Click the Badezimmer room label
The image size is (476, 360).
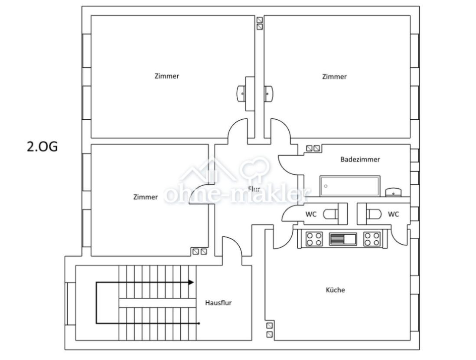(360, 160)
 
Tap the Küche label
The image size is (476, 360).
(336, 290)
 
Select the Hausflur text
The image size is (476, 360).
(218, 303)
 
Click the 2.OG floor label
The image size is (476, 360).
(42, 147)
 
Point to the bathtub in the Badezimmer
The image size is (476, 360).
(350, 186)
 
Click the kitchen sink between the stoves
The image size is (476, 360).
(343, 239)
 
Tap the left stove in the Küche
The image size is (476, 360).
(314, 239)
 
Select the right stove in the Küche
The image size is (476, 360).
(372, 239)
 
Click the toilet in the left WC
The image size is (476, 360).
(331, 214)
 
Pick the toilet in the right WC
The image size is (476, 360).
(374, 214)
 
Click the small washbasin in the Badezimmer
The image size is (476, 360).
(394, 192)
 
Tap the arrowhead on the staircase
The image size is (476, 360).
(191, 282)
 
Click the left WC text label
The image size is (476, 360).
(311, 214)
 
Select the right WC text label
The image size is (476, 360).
(394, 214)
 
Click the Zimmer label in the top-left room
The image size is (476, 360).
(166, 76)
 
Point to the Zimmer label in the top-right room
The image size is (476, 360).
(334, 77)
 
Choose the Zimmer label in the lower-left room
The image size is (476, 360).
(145, 197)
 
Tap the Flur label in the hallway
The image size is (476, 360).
(254, 189)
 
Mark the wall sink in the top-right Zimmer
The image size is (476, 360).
(269, 93)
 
